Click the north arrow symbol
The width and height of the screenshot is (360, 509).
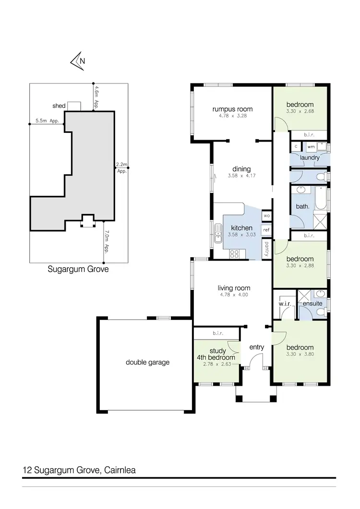pos(78,60)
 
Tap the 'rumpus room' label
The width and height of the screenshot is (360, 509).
pos(232,109)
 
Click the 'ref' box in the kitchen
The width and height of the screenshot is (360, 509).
pos(266,230)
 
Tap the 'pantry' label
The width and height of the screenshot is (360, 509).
pos(266,249)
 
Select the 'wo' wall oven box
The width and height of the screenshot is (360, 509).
pos(266,216)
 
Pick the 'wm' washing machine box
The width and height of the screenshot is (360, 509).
pos(311,146)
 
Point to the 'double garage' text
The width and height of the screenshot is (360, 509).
pos(147,362)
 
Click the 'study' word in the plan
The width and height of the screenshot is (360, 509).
pos(218,351)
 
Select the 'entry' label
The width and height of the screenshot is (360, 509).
pos(257,347)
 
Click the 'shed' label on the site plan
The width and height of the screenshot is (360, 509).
pos(59,106)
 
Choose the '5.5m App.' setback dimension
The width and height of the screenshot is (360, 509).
pos(47,121)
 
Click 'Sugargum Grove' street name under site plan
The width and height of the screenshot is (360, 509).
pos(78,269)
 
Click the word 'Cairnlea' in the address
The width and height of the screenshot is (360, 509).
pos(120,470)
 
